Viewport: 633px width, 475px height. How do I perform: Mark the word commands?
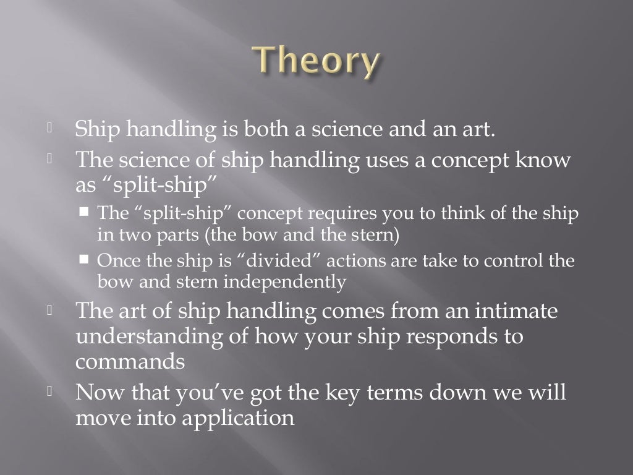click(x=130, y=361)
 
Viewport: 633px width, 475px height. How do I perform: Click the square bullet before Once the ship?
click(x=85, y=260)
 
